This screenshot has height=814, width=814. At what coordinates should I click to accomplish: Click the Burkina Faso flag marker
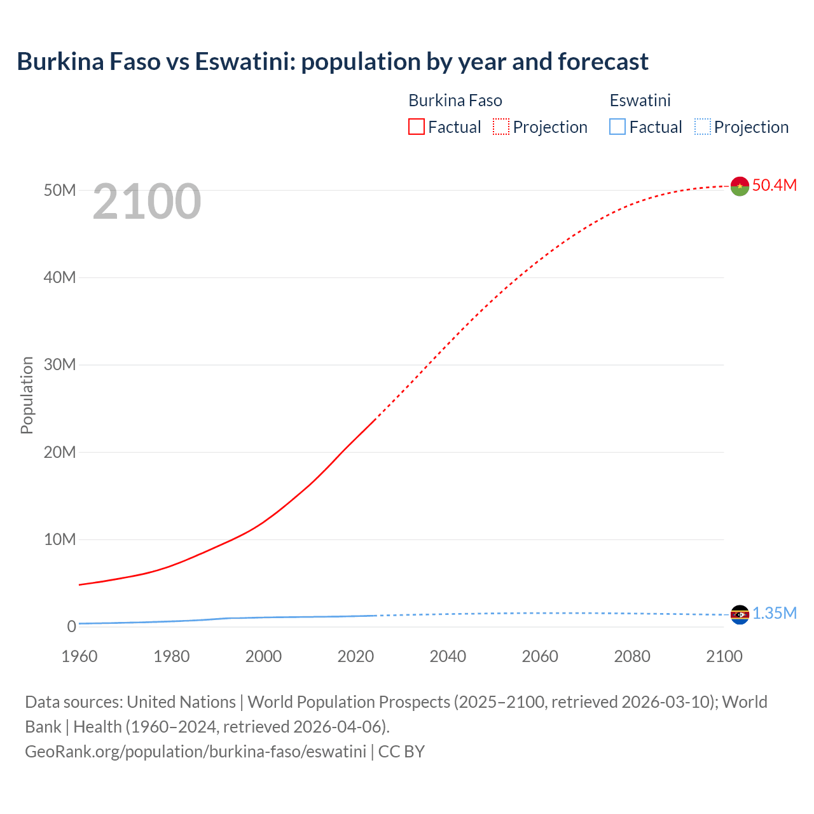[740, 186]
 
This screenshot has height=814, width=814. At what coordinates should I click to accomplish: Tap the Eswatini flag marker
[740, 614]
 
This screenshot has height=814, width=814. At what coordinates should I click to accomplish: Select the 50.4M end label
[774, 185]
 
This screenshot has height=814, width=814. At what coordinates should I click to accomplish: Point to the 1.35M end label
[775, 613]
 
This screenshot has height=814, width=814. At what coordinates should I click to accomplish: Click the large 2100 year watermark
[147, 202]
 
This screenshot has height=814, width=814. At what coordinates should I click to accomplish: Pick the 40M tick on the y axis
[60, 277]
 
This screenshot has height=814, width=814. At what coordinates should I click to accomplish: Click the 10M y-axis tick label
[60, 539]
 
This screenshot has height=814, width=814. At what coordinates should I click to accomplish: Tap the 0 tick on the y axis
[71, 626]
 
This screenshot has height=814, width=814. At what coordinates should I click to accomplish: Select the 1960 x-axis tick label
[79, 656]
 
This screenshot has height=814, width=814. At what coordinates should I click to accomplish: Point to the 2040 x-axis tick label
[448, 656]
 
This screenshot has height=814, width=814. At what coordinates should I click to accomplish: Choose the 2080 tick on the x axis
[632, 656]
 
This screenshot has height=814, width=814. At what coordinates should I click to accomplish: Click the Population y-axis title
[27, 395]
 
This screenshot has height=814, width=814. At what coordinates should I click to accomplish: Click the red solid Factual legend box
[417, 127]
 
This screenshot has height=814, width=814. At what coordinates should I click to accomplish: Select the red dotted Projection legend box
[501, 127]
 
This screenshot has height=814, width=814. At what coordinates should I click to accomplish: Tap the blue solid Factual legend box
[617, 127]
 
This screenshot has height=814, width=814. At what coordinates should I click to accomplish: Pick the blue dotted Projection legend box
[703, 127]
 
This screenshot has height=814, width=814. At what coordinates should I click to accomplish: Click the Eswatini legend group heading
[640, 100]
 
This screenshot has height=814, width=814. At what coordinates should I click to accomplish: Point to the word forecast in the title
[603, 62]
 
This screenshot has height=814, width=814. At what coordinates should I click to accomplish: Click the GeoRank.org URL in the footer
[195, 752]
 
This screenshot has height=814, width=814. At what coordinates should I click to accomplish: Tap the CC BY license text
[401, 752]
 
